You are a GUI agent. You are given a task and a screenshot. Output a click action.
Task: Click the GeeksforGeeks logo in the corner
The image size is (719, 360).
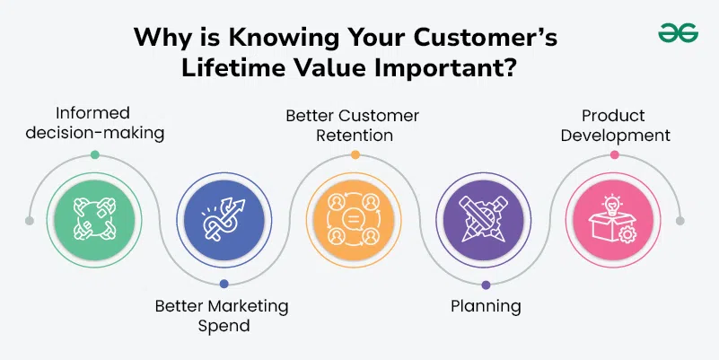[679, 33]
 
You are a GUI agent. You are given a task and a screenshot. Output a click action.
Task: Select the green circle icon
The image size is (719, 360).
[94, 220]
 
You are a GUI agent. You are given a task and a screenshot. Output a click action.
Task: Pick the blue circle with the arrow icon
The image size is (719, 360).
[224, 220]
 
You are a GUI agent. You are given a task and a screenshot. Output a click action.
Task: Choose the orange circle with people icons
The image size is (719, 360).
[354, 220]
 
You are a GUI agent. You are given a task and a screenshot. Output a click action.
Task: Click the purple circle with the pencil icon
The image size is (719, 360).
[483, 220]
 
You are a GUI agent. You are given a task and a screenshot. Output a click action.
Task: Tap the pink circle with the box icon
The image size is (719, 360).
[613, 220]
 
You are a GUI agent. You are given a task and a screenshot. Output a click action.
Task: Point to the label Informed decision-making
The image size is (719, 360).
[95, 123]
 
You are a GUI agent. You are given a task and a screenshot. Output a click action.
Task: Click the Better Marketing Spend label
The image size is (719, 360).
[222, 315]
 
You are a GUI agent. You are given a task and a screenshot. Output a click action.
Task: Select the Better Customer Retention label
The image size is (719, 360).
[352, 125]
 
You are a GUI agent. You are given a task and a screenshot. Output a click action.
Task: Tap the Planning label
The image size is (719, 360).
[486, 306]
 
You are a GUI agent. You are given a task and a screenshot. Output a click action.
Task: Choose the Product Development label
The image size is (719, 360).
[616, 125]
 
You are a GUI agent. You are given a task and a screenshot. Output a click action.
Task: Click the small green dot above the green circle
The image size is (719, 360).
[95, 154]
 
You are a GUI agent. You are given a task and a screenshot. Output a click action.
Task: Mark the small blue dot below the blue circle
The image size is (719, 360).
[224, 284]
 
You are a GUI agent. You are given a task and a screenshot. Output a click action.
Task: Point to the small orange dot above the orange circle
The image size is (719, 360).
[355, 154]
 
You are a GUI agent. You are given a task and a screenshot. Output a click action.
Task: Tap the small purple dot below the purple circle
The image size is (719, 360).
[486, 285]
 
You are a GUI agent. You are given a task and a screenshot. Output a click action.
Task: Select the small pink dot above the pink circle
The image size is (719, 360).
[615, 154]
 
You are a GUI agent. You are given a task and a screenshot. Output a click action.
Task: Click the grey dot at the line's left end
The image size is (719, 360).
[30, 221]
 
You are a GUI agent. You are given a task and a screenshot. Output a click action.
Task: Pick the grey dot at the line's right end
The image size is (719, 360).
[680, 221]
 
